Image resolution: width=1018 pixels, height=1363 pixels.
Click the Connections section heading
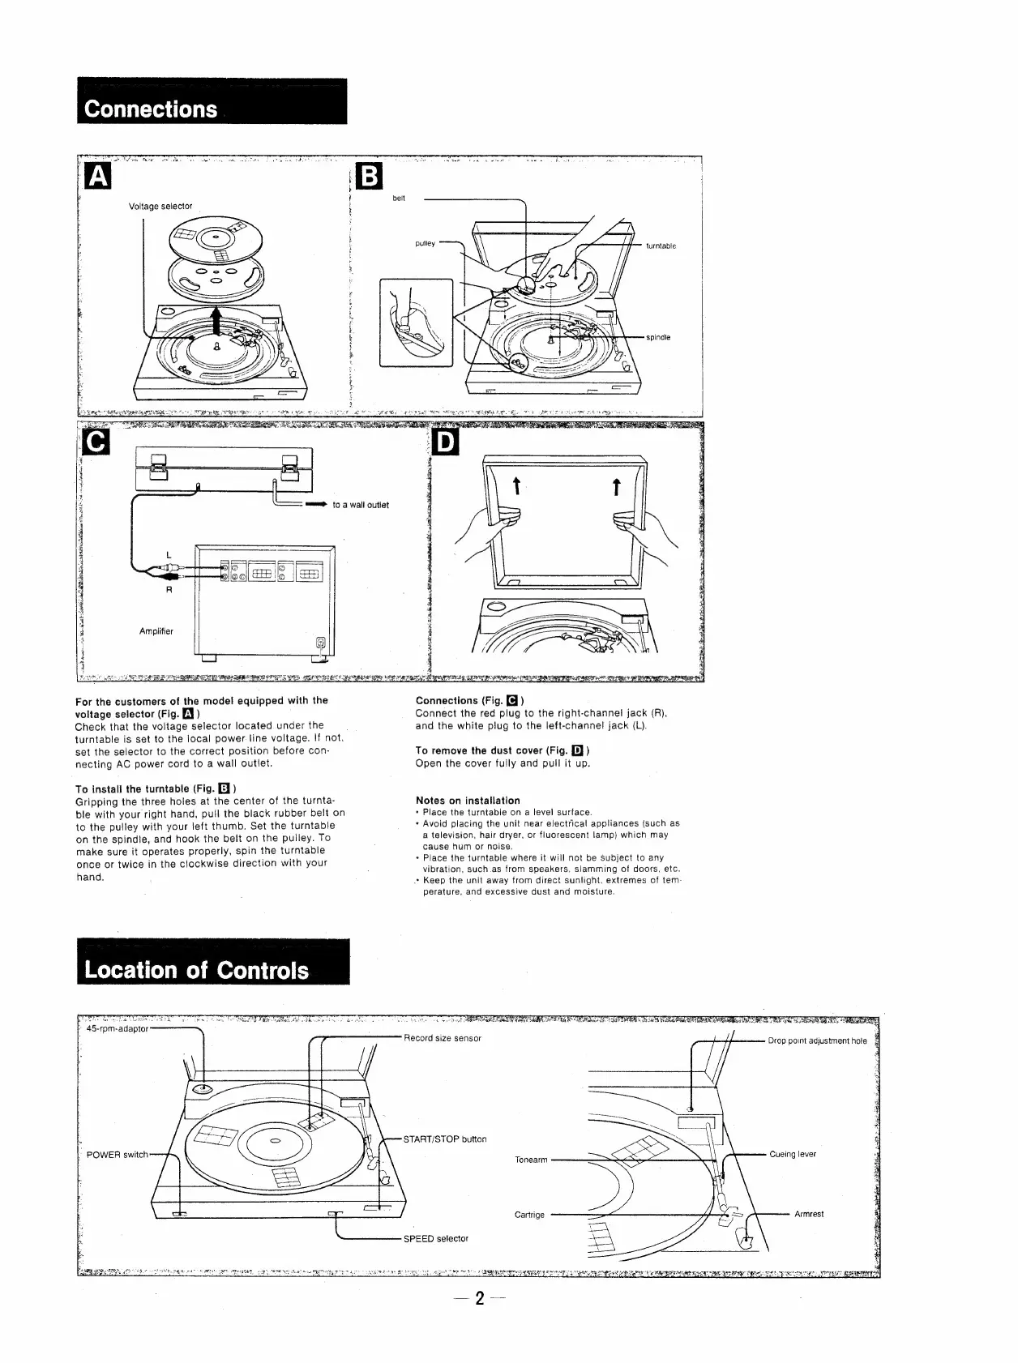(152, 109)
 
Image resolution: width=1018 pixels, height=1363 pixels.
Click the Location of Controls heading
(197, 970)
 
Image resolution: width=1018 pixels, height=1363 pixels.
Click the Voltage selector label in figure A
(160, 206)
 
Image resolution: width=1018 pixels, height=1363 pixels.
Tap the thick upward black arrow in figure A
(216, 320)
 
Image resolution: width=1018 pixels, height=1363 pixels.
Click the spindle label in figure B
(658, 337)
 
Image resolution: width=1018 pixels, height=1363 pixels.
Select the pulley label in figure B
(426, 243)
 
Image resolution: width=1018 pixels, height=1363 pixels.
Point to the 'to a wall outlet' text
(361, 505)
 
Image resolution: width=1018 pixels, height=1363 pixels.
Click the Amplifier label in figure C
(156, 631)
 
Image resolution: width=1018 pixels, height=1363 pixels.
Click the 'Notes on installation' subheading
(468, 801)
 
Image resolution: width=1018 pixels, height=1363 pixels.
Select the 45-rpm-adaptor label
(118, 1028)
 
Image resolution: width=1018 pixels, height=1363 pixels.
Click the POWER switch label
(118, 1155)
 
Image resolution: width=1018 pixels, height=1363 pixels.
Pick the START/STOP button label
(445, 1139)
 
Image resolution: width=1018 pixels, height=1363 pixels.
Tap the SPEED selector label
(436, 1238)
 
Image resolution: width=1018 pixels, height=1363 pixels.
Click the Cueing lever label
(793, 1154)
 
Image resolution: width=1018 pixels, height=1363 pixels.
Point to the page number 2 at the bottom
(479, 1322)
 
